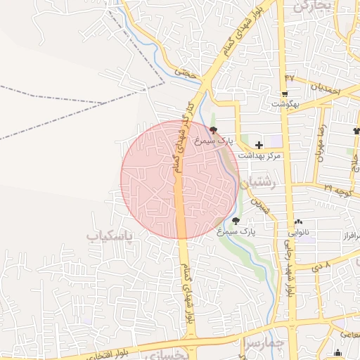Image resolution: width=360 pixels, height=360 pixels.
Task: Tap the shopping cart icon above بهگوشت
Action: [284, 94]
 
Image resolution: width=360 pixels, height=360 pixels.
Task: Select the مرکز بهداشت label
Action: [259, 155]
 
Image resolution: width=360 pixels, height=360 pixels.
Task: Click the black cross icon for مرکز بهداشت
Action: [259, 144]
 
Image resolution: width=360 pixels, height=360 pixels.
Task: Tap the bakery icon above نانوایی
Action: [299, 221]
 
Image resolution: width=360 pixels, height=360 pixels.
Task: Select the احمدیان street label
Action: [325, 89]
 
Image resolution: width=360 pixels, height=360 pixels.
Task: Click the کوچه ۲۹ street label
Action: [337, 188]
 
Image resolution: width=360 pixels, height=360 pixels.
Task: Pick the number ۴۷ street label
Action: [290, 77]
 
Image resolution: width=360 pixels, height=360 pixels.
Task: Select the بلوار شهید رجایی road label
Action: [288, 267]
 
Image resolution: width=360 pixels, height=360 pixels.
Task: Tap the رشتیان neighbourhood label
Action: [259, 181]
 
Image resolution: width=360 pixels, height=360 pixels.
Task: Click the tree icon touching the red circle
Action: [214, 130]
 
